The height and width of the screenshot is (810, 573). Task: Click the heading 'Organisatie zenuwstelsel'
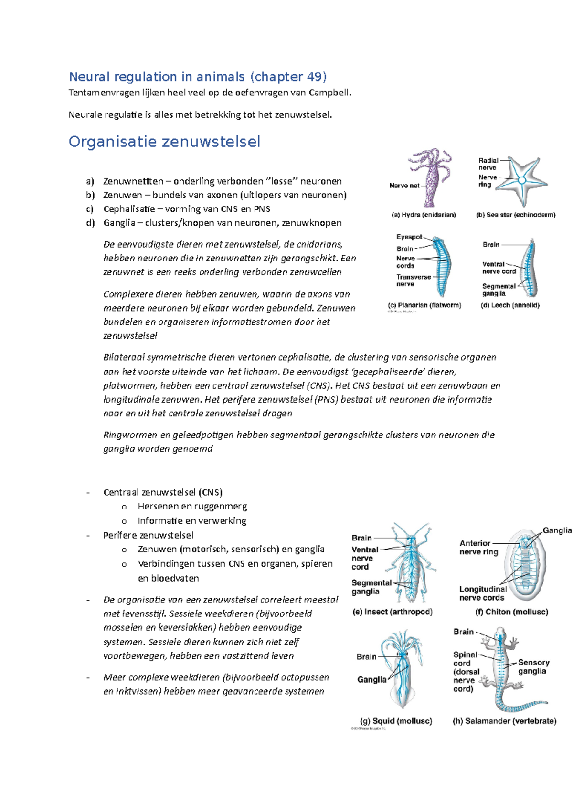point(164,142)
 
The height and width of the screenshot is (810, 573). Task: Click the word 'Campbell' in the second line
point(329,93)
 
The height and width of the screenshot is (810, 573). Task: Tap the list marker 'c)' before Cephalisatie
point(90,209)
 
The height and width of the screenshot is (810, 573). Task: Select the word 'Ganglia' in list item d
point(119,223)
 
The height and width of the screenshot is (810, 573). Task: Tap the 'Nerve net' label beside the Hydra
point(404,186)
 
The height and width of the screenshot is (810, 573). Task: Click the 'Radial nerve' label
point(488,164)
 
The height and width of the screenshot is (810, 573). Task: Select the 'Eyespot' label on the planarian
point(409,237)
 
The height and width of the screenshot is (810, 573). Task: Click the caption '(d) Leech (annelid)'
point(510,305)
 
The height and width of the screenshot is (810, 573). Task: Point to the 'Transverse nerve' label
point(413,280)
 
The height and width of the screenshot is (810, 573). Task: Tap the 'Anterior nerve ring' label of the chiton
point(478,547)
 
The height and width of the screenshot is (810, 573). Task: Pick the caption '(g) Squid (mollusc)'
point(396,721)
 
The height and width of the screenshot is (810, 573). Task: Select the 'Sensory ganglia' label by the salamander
point(533,666)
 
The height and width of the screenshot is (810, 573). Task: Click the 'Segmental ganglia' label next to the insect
point(371,587)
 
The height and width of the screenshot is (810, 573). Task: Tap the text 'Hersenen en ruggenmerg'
point(192,506)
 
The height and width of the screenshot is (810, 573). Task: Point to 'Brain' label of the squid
point(366,656)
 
